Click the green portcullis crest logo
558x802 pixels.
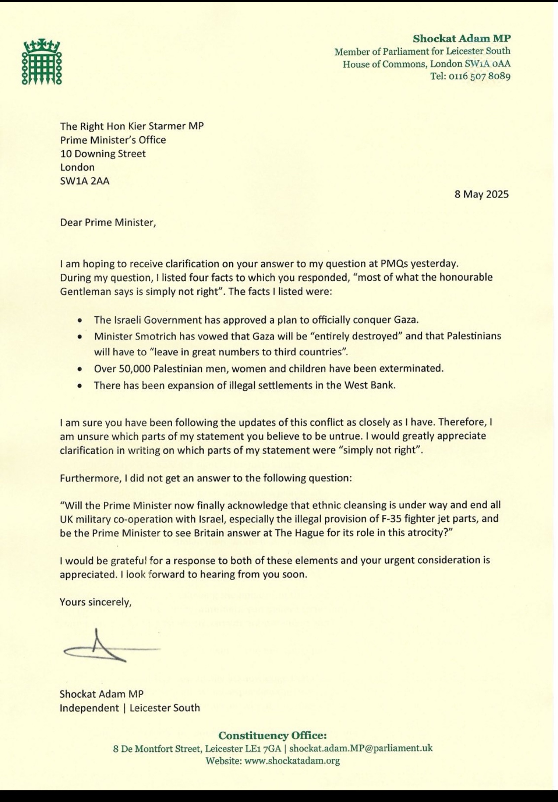click(42, 62)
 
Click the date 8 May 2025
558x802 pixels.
click(481, 194)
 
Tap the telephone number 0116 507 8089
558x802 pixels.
click(479, 77)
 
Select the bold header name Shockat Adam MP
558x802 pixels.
click(462, 38)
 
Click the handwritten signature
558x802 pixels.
click(104, 647)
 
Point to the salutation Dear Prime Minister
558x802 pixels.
click(107, 222)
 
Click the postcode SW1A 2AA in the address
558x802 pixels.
click(85, 181)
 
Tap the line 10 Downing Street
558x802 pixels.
click(103, 154)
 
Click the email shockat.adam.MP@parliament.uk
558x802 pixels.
click(361, 748)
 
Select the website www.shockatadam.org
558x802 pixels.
click(292, 760)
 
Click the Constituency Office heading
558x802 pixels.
click(272, 735)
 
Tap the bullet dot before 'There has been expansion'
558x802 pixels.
click(80, 386)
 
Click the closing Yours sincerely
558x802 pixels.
click(95, 602)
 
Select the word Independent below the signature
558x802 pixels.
click(89, 708)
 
